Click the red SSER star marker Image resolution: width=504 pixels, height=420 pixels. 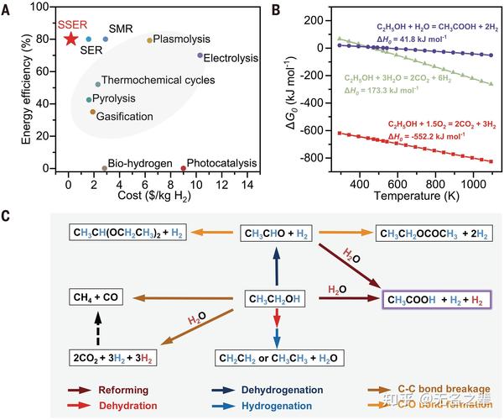click(x=70, y=39)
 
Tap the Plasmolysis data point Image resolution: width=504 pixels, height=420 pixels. click(x=150, y=39)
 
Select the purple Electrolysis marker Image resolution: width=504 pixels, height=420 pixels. click(x=200, y=55)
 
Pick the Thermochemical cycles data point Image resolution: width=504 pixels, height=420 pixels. click(x=98, y=84)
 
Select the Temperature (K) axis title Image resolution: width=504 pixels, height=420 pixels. click(x=397, y=199)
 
